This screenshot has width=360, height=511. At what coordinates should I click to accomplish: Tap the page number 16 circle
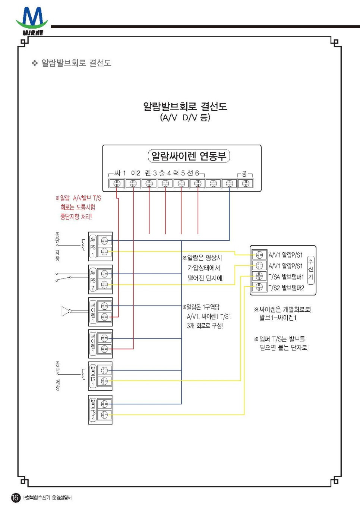click(x=15, y=498)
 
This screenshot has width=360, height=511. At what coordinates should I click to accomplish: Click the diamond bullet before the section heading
click(x=35, y=63)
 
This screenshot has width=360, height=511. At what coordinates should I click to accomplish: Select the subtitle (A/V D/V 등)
click(x=185, y=117)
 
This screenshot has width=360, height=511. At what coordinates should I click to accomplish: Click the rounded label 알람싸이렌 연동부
click(x=189, y=156)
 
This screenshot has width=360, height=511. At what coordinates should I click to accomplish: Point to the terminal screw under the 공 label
click(x=246, y=183)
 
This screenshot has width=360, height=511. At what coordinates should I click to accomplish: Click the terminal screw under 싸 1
click(x=117, y=183)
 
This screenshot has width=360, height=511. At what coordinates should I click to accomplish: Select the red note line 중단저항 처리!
click(x=76, y=217)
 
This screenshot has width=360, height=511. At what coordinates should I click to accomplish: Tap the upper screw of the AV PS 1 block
click(x=104, y=240)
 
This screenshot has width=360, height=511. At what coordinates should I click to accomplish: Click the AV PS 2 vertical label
click(x=93, y=280)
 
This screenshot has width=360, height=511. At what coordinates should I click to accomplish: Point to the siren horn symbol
click(x=66, y=311)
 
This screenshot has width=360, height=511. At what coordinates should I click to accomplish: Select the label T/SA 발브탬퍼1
click(x=286, y=277)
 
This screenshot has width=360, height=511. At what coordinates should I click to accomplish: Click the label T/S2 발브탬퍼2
click(x=286, y=288)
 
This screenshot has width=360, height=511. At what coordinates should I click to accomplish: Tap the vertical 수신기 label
click(x=311, y=269)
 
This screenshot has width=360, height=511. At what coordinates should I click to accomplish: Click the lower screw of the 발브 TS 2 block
click(x=104, y=415)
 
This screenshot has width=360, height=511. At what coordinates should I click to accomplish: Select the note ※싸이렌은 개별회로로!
click(x=282, y=309)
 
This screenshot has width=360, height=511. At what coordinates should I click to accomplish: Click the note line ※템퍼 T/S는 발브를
click(x=280, y=339)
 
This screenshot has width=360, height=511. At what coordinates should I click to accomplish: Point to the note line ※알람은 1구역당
click(x=201, y=307)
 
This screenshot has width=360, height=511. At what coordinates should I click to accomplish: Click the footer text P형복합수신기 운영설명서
click(x=47, y=498)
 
